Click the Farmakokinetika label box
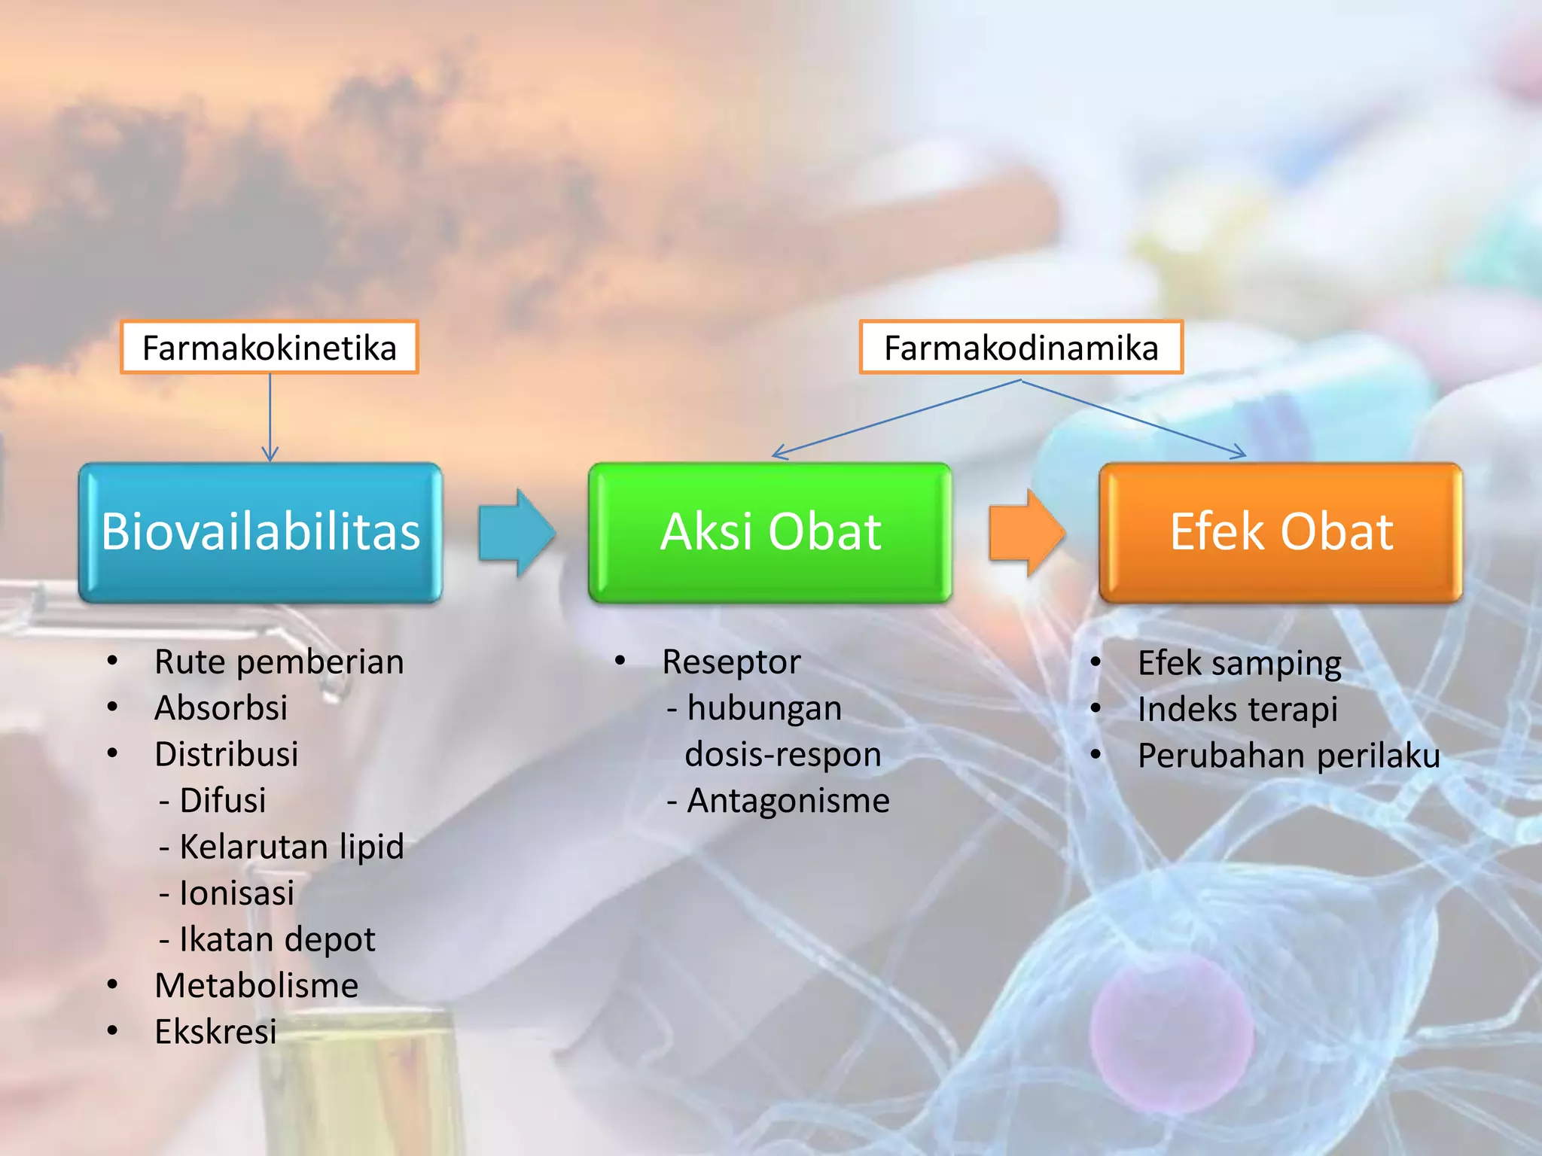[x=269, y=348]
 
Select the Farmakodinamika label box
[x=1021, y=348]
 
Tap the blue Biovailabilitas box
[x=261, y=532]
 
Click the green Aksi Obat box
[x=770, y=532]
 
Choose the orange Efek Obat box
[x=1281, y=532]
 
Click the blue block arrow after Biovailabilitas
[x=517, y=532]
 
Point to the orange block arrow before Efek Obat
[x=1026, y=532]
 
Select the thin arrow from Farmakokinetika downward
[x=270, y=418]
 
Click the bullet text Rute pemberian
[x=279, y=662]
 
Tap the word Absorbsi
[x=221, y=708]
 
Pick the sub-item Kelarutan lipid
[x=291, y=847]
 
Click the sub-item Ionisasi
[x=236, y=893]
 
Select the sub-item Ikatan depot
[x=276, y=939]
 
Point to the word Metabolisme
[x=256, y=986]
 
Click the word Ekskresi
[x=215, y=1032]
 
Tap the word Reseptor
[x=731, y=662]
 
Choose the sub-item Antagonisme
[x=787, y=801]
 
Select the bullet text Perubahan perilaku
[x=1288, y=756]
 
